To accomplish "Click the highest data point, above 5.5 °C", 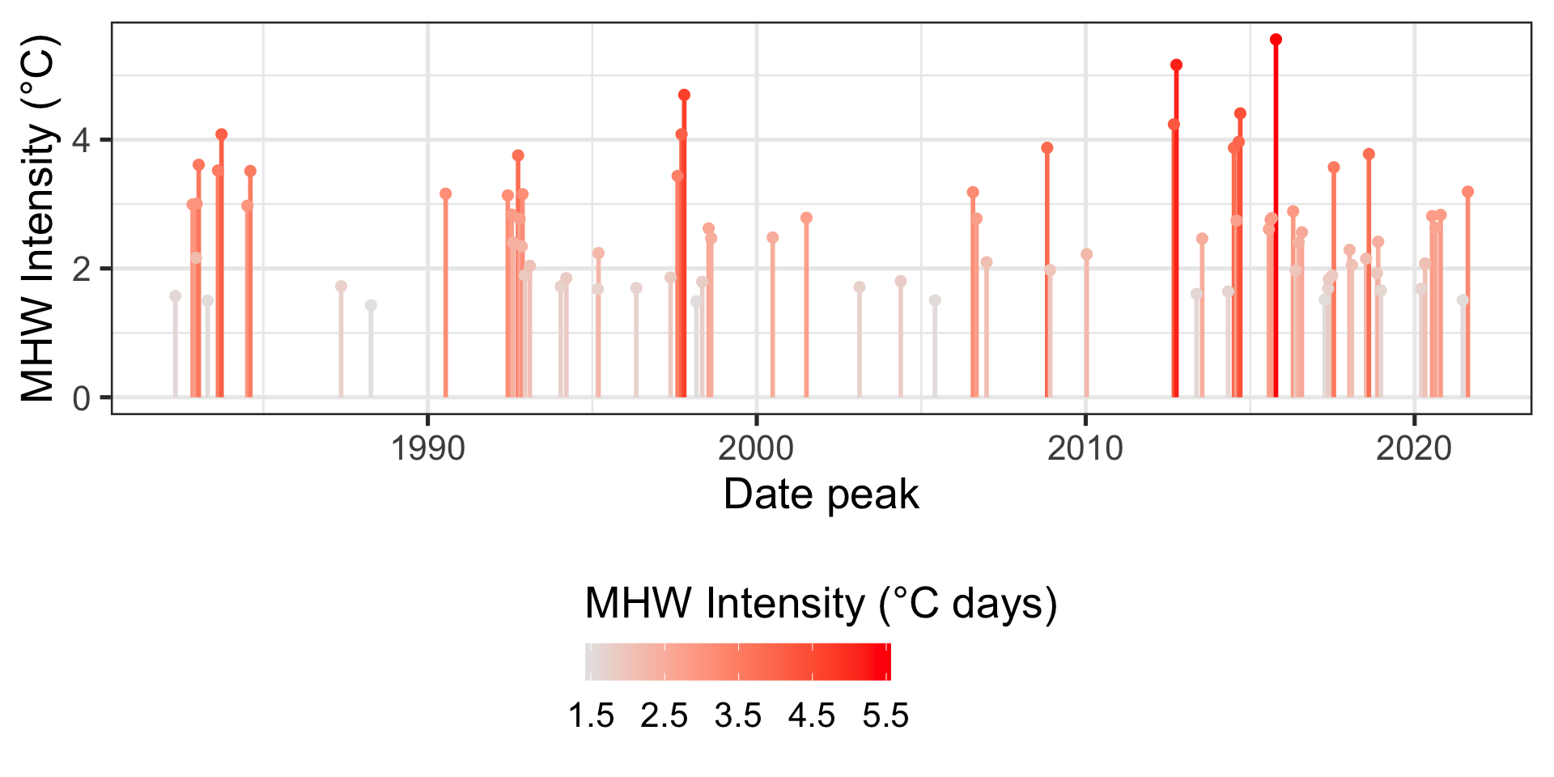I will (x=1276, y=40).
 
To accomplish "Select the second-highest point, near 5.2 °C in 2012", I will (x=1176, y=65).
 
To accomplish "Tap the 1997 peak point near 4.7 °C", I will (x=684, y=96).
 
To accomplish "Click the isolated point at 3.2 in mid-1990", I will (x=445, y=193).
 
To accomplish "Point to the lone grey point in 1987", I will (x=341, y=287).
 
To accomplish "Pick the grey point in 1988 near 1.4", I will (x=371, y=305).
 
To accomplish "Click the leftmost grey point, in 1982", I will (x=175, y=296).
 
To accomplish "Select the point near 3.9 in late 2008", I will (x=1047, y=148).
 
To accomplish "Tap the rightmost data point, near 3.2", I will (x=1467, y=192).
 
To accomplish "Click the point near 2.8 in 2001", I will (x=806, y=218).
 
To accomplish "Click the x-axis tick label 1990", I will (x=427, y=448).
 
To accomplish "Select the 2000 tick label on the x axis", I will (x=756, y=448).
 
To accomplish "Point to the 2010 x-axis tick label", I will (x=1085, y=448).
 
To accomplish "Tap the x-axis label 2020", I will (x=1413, y=448).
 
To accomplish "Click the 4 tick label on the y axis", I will (x=81, y=141).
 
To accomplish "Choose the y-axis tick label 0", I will (x=81, y=398).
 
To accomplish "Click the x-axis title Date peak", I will (x=821, y=495).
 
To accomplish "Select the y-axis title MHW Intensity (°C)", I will (x=39, y=219).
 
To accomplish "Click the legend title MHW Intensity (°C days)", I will (x=821, y=604).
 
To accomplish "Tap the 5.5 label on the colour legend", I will (x=885, y=716).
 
